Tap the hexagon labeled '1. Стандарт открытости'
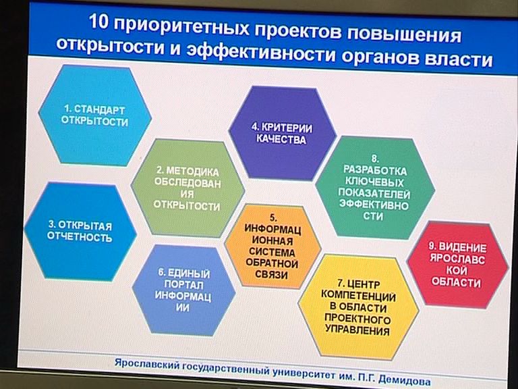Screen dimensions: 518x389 click(x=95, y=115)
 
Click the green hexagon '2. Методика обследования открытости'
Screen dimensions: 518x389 click(x=188, y=188)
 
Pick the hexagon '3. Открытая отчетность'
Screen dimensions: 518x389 click(x=80, y=232)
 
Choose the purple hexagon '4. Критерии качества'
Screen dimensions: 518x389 click(x=282, y=133)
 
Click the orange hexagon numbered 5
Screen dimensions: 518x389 click(x=272, y=247)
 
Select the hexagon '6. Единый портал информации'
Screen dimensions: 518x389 click(x=183, y=290)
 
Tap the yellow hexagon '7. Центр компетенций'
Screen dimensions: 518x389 click(x=358, y=307)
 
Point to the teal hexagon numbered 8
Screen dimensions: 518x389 click(x=375, y=188)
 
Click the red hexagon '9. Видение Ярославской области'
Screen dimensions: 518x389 click(x=457, y=265)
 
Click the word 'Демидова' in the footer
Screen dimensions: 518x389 click(x=404, y=380)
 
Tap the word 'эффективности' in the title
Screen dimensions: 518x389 click(x=261, y=52)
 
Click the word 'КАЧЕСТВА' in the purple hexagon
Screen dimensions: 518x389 click(x=281, y=139)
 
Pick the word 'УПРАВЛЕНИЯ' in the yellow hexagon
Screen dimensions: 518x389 click(x=357, y=330)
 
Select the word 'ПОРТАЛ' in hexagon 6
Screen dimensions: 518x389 click(x=183, y=284)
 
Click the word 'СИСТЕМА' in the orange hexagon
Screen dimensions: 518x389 click(x=272, y=252)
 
